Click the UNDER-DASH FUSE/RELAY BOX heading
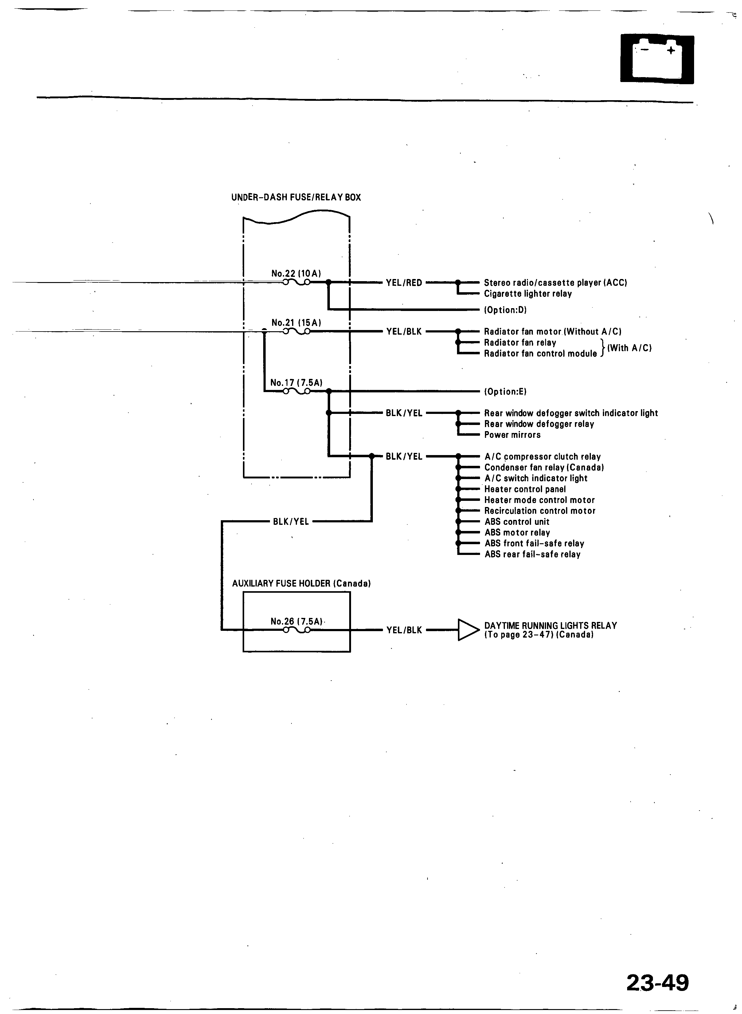(296, 197)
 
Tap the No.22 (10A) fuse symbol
(296, 282)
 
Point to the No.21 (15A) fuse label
(296, 323)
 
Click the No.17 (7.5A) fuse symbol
(296, 391)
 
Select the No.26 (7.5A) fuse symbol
(296, 630)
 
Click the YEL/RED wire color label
(404, 283)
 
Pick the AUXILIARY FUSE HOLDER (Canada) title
(301, 584)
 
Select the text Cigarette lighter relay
(528, 294)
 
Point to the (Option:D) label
(505, 310)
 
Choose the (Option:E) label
(505, 392)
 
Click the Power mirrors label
(512, 435)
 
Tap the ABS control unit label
(517, 522)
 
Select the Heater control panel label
(525, 489)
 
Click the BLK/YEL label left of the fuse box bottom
(291, 522)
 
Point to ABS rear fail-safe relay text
(532, 554)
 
